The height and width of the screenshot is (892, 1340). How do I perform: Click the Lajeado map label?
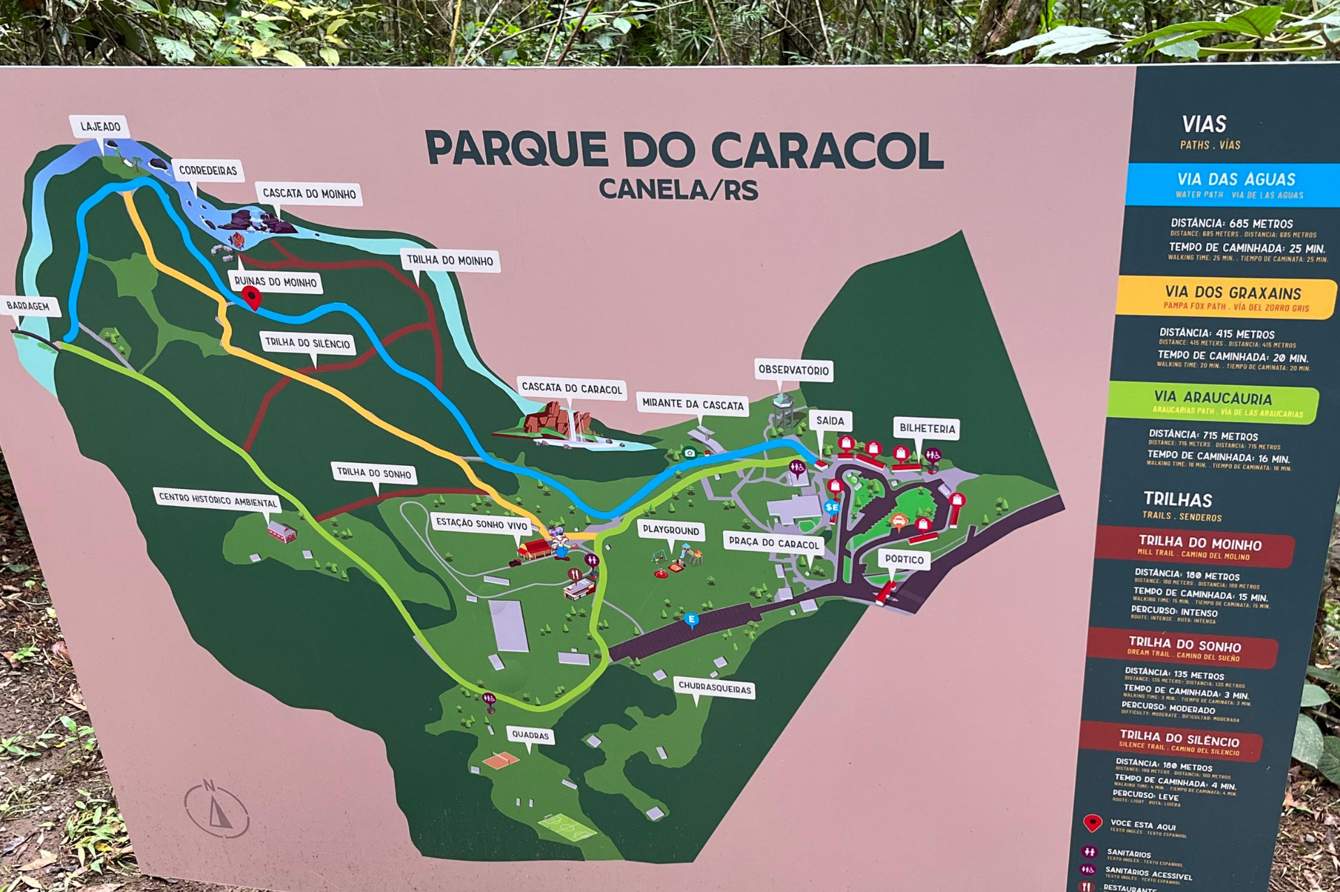(x=100, y=126)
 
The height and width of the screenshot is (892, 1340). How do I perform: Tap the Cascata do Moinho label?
(x=309, y=194)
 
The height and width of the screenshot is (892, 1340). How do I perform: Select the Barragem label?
(x=28, y=306)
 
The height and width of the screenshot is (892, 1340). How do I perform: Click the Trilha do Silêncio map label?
(x=307, y=343)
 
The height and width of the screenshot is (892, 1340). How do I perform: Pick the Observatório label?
(x=794, y=370)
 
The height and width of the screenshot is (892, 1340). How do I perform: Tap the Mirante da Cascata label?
(x=693, y=405)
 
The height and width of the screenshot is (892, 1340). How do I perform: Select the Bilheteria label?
(x=927, y=428)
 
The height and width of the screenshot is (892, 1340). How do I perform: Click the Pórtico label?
(x=904, y=559)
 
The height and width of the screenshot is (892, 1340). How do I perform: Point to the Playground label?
(x=671, y=530)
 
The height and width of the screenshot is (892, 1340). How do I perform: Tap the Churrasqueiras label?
(x=715, y=688)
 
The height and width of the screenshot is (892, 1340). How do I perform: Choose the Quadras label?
(x=530, y=735)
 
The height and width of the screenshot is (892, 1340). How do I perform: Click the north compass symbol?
(x=216, y=809)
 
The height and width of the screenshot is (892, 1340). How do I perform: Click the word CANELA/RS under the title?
(x=678, y=190)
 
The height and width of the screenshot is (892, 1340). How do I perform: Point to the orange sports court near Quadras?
(x=501, y=759)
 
